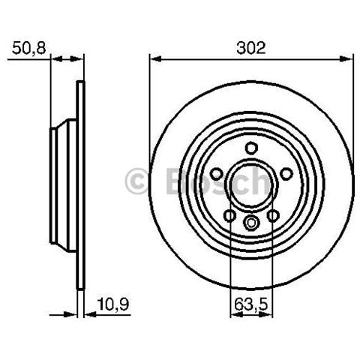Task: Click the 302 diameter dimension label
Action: pos(251,48)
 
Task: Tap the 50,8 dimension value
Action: pos(29,48)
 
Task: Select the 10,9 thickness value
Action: pos(113,304)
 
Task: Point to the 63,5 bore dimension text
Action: pos(251,304)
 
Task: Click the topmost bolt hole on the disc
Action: pos(251,148)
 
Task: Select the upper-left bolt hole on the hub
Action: pos(216,174)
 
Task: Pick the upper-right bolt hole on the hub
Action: pos(286,174)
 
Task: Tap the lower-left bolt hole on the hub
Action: pos(229,215)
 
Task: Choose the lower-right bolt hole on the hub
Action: pos(273,215)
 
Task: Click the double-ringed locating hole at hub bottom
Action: pos(251,222)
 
